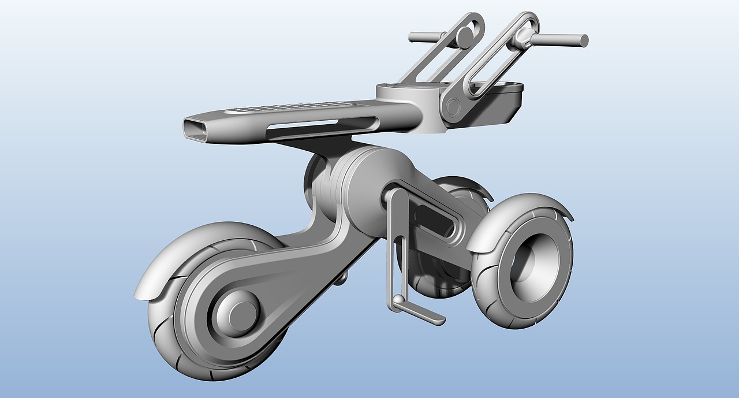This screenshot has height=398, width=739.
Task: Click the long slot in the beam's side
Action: (323, 122)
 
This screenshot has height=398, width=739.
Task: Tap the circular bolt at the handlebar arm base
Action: (453, 106)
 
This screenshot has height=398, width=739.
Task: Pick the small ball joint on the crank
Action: (398, 300)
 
